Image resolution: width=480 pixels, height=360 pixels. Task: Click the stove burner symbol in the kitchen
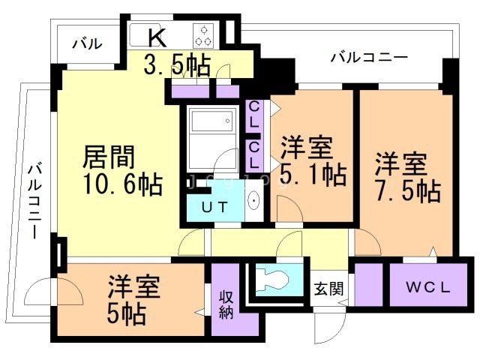click(x=204, y=35)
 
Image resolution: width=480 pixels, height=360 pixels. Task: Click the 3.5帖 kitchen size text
click(x=177, y=65)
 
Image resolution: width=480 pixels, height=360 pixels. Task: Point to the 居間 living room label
click(x=108, y=158)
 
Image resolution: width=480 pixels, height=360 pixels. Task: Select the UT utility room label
click(x=217, y=208)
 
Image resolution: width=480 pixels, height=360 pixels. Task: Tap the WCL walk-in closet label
click(x=428, y=286)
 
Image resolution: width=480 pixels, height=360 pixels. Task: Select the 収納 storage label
click(x=226, y=304)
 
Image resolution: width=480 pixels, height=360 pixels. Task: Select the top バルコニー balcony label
click(x=368, y=58)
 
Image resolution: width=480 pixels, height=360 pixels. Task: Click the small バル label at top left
click(x=87, y=43)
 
